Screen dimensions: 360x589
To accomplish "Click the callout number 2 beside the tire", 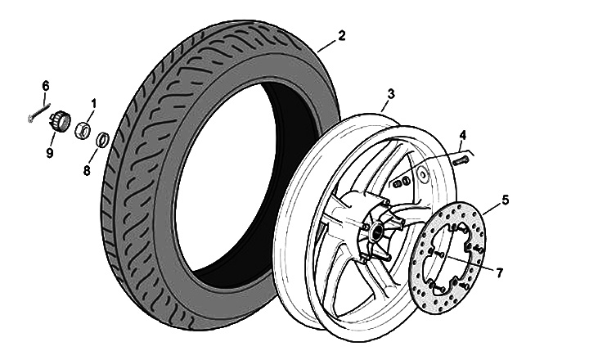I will (x=341, y=35).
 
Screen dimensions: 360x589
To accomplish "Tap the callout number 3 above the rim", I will (x=391, y=94).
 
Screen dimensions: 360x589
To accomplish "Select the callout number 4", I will (x=462, y=134).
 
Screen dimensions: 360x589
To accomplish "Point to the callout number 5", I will (x=506, y=198).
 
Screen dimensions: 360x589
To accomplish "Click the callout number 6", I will (x=46, y=85).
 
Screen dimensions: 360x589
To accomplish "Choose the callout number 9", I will (x=50, y=152).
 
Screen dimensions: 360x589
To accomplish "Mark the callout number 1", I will (x=94, y=104).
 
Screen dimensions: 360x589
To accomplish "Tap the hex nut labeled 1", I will (x=83, y=129).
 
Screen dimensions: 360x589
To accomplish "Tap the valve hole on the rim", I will (x=424, y=173).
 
